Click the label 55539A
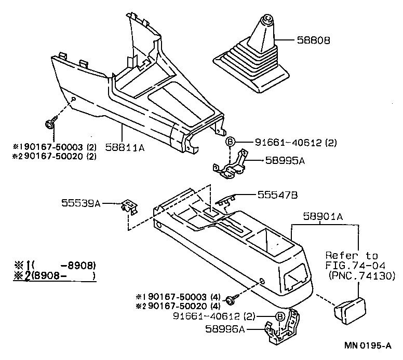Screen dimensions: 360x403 (x=83, y=204)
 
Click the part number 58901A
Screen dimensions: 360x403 (x=321, y=218)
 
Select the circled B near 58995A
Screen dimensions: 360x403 (x=230, y=142)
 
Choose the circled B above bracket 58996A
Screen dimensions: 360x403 (x=279, y=316)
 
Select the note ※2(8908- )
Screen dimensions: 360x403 (x=55, y=275)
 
